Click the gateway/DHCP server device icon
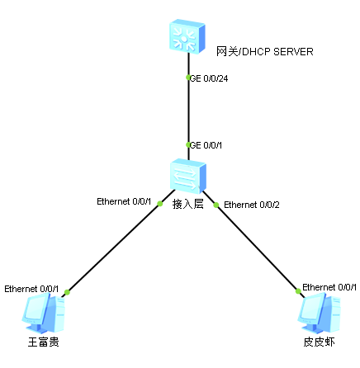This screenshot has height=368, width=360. click(187, 36)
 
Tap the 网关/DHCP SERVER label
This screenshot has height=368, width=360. click(265, 52)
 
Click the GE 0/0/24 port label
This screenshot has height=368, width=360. click(209, 78)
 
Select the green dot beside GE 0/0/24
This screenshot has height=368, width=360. click(188, 78)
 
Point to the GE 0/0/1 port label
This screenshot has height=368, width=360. click(206, 145)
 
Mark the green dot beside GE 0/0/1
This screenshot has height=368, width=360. click(188, 144)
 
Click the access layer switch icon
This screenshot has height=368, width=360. click(187, 176)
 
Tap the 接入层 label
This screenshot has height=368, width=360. click(188, 205)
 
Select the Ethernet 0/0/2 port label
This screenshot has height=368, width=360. click(252, 205)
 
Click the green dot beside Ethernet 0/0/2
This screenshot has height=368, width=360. click(216, 205)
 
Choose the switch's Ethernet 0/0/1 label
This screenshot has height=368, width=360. click(124, 201)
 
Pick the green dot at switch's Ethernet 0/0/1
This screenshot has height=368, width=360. click(159, 204)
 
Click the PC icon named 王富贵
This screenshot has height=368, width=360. click(44, 313)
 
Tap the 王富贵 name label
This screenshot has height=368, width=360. click(44, 342)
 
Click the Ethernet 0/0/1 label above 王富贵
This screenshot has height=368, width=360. click(31, 289)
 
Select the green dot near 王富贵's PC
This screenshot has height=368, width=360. click(67, 292)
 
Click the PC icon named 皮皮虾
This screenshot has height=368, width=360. click(320, 313)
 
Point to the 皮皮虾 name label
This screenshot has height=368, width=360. click(319, 342)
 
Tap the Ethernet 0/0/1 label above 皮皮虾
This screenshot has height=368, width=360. click(329, 287)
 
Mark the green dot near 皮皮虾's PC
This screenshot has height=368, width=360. click(298, 291)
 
